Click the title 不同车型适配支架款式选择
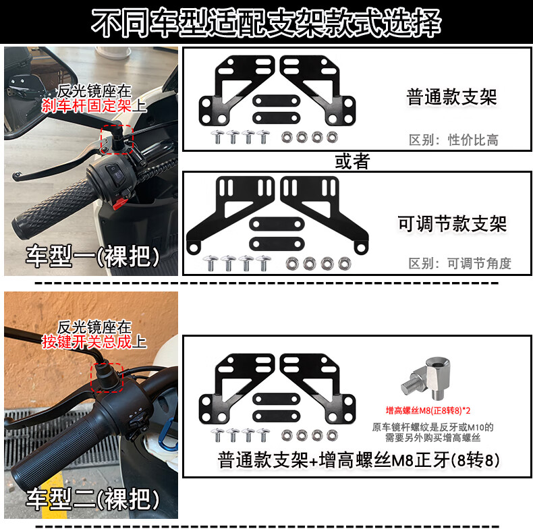point(266,23)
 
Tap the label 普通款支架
point(451,97)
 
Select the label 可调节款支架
point(452,224)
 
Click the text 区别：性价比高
point(453,140)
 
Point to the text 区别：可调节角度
point(459,263)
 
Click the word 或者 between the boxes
point(352,161)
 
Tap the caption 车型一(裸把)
point(93,256)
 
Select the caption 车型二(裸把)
point(93,499)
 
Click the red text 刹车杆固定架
point(86,106)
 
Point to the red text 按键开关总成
point(86,342)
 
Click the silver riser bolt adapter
point(425,378)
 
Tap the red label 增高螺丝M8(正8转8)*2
point(428,411)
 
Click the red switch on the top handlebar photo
point(119,203)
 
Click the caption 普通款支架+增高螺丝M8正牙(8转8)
point(359,460)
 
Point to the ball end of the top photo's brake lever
point(16,176)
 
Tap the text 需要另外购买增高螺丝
point(432,437)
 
